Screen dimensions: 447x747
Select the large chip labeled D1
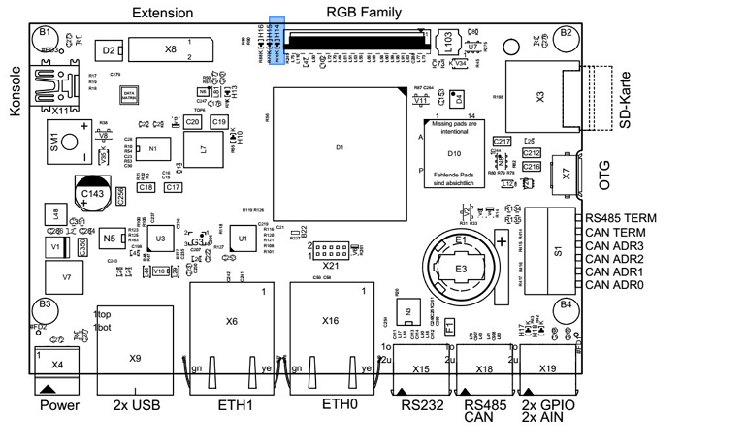(x=340, y=147)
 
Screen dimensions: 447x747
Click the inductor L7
(x=203, y=150)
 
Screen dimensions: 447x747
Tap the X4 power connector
(x=57, y=364)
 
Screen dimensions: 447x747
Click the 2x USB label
(x=135, y=405)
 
